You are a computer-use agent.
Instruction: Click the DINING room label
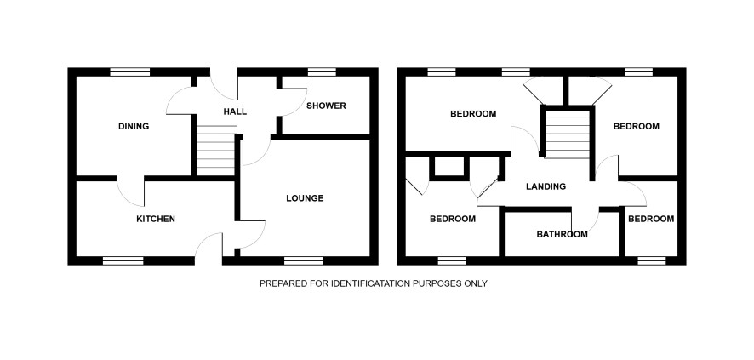pos(134,127)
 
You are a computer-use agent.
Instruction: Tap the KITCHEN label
pos(156,219)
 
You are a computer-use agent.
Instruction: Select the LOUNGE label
pos(305,198)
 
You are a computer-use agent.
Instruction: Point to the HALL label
pos(235,112)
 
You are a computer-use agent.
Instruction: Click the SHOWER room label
pos(326,106)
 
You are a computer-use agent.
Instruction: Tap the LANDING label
pos(546,186)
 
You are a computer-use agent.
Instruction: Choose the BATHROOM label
pos(563,235)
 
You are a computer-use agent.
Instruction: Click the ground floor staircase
pos(216,151)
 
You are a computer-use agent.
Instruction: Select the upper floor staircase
pos(568,134)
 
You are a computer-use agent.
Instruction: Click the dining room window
pos(130,72)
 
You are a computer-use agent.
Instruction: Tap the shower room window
pos(322,72)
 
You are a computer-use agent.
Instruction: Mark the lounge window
pos(304,260)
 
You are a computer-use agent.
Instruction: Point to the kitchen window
pos(123,260)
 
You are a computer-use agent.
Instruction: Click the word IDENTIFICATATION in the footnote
pos(370,283)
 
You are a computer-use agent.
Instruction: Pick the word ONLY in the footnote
pos(475,283)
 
